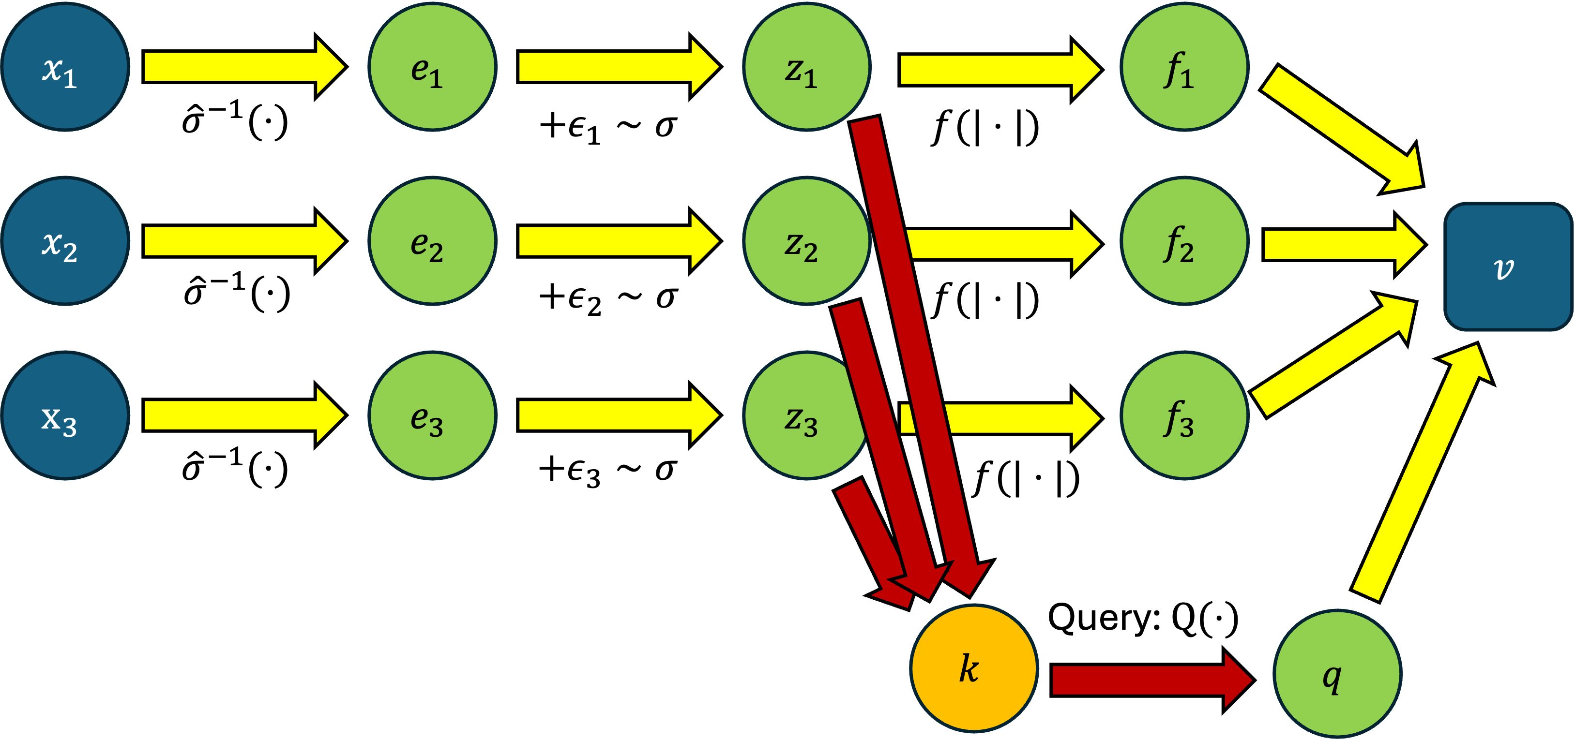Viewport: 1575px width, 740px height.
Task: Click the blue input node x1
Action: click(65, 67)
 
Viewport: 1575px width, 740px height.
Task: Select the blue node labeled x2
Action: click(65, 241)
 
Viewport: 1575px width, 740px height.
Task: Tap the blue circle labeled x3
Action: click(65, 415)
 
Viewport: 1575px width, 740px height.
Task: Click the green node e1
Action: click(432, 67)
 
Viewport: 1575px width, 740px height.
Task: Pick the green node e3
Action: click(432, 415)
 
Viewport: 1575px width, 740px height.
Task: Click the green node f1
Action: click(1184, 67)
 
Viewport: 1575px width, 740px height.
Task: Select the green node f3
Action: click(1184, 415)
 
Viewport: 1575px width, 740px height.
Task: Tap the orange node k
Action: click(974, 668)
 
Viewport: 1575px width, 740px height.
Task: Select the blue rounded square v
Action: click(1508, 267)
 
